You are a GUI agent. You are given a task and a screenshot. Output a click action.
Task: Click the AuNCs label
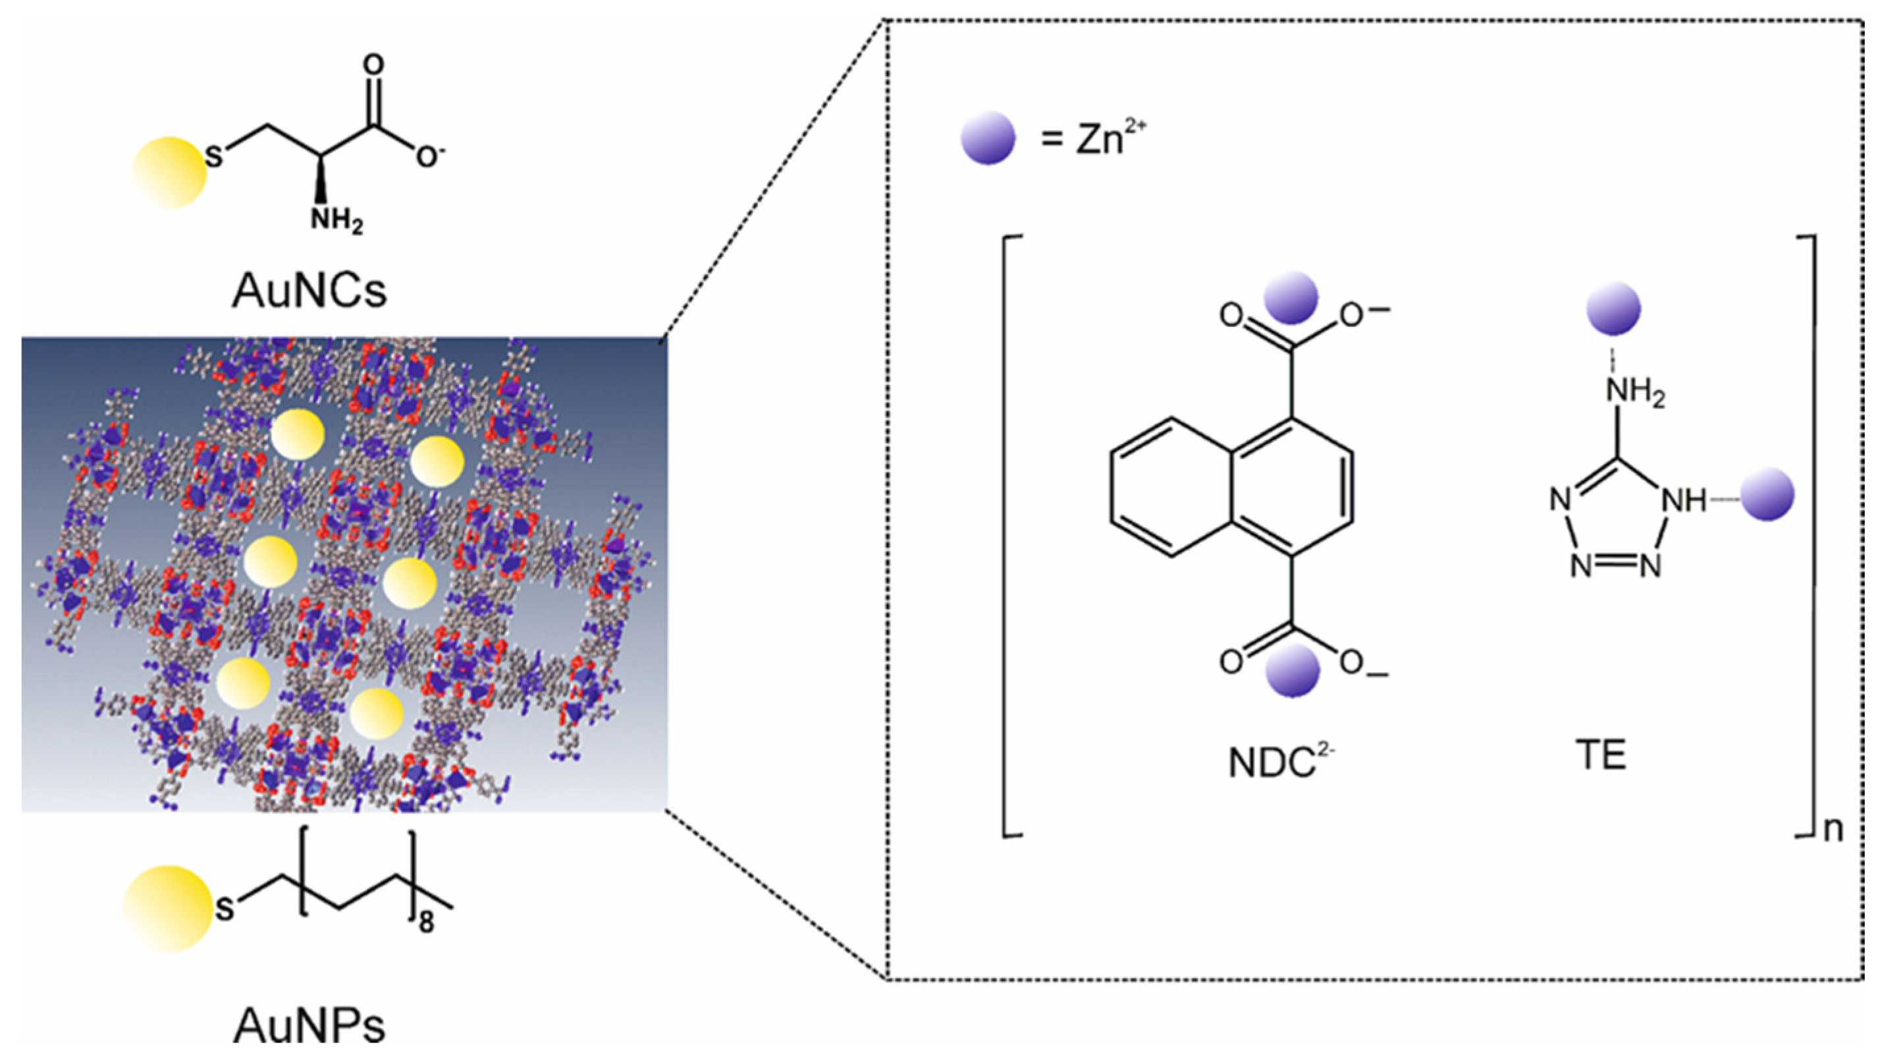309,291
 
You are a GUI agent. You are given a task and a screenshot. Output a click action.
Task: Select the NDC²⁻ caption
1281,761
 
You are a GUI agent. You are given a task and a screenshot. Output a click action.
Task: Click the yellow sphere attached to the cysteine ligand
169,173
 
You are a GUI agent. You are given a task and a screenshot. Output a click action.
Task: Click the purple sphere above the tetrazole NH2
1613,309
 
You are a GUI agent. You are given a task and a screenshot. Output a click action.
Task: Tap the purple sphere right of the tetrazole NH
1767,494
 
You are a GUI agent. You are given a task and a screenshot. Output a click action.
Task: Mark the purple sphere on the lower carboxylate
1293,670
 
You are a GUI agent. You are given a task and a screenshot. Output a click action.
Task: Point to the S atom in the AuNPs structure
225,910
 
